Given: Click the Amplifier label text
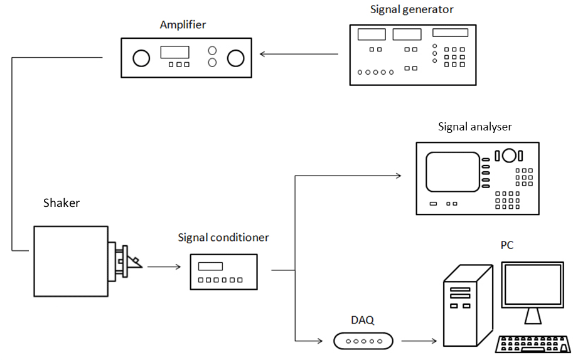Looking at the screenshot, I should coord(183,25).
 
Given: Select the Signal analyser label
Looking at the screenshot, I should coord(474,127).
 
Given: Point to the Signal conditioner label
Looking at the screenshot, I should coord(223,237).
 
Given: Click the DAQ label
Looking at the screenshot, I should coord(362,320).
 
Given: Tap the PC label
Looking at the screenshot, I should coord(506,245).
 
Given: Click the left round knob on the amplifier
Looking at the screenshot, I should coord(141,58).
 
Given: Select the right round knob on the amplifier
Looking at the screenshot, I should coord(235,58).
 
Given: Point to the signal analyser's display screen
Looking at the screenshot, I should coord(453,172).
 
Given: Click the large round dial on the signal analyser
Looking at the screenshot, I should coord(509,155).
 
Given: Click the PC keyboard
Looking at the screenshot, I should coord(533,344).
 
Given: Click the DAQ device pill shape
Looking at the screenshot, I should coord(363,341).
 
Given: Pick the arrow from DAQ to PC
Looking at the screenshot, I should coord(419,341).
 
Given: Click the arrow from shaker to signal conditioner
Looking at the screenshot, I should coord(164,267).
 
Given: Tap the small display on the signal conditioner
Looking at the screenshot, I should coord(210,266).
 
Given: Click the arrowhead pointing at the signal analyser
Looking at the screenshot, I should coord(398,176).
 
